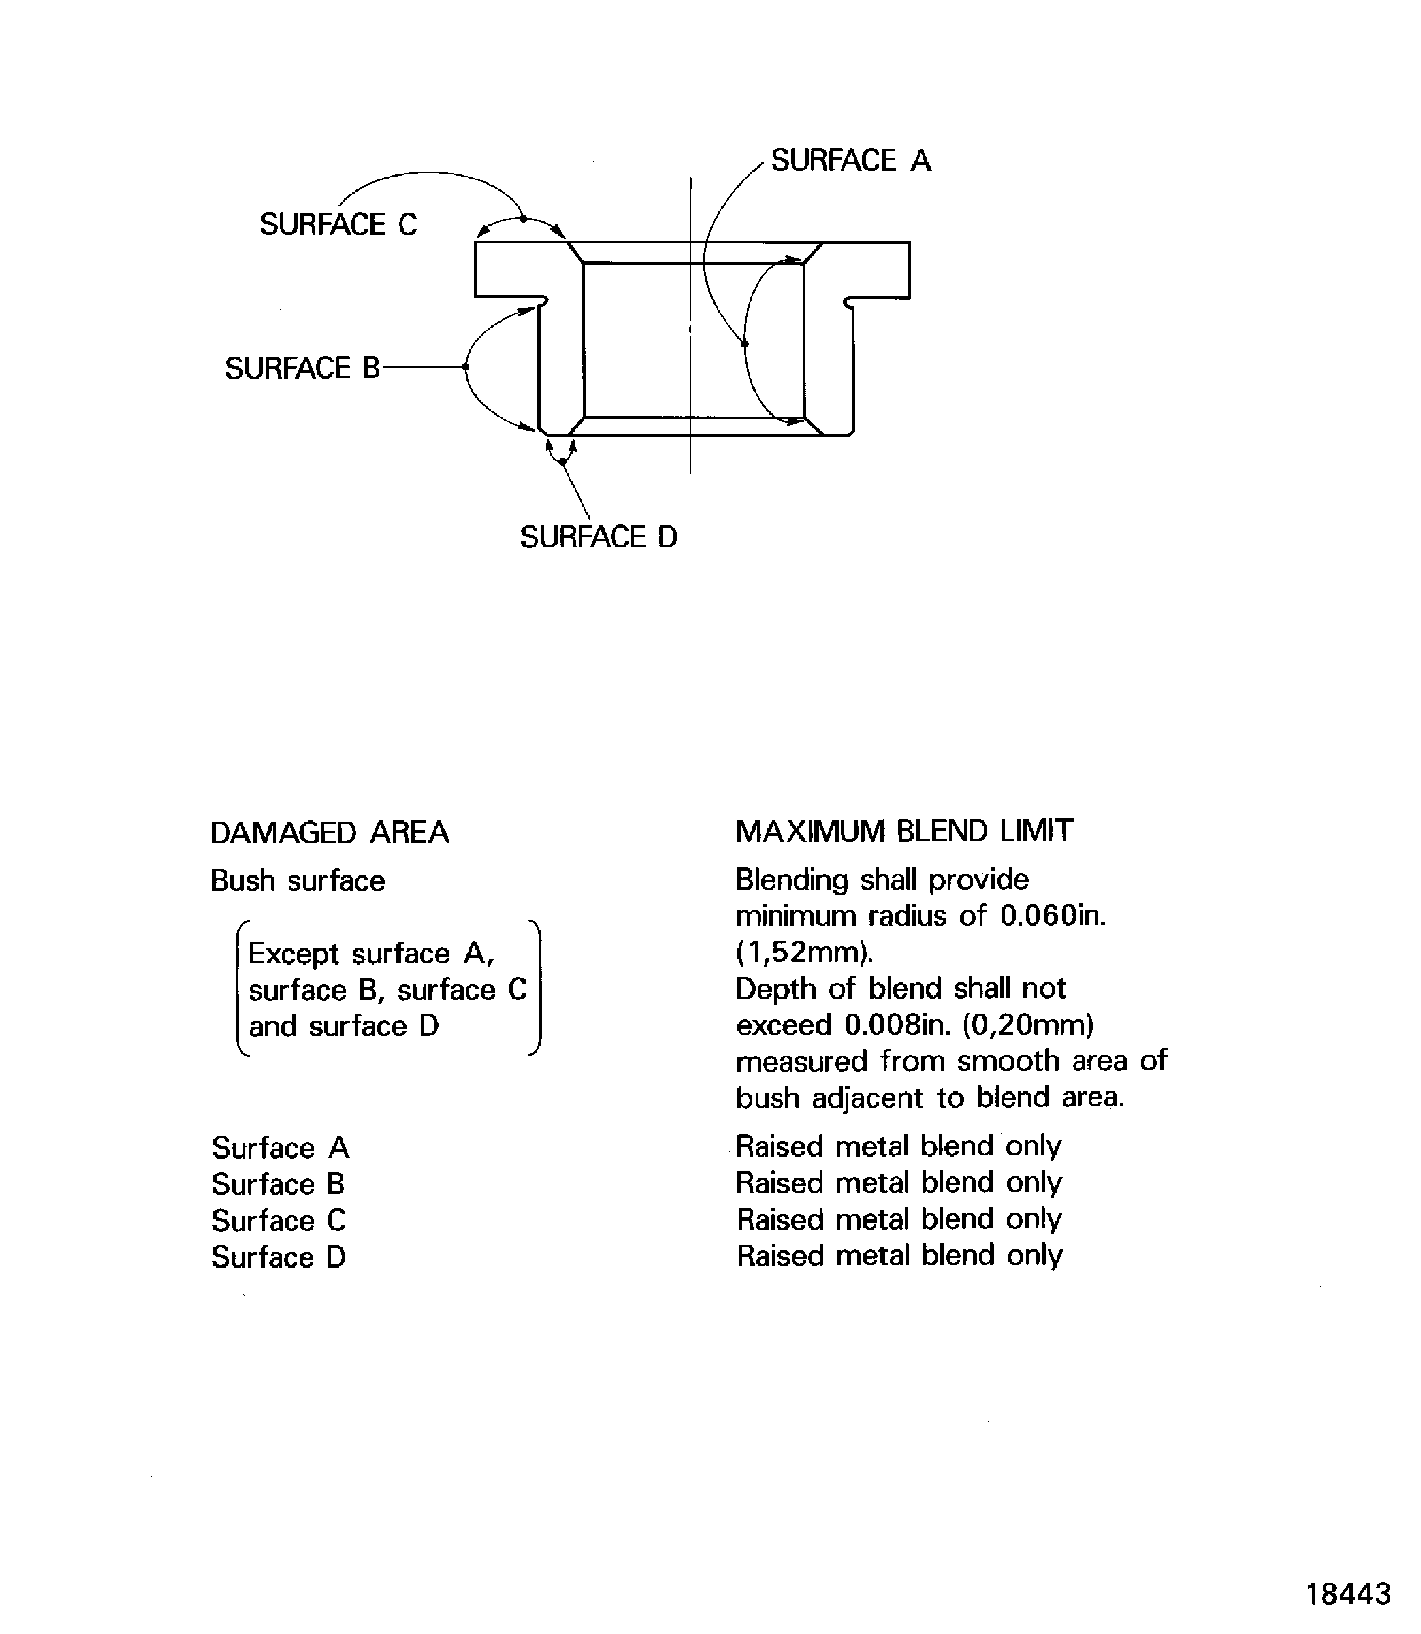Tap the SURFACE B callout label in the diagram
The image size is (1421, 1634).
tap(302, 369)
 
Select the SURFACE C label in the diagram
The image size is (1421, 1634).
tap(338, 225)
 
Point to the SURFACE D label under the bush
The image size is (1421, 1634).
tap(599, 538)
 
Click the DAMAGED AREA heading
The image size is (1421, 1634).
tap(330, 833)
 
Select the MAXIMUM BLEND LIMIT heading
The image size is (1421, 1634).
tap(904, 832)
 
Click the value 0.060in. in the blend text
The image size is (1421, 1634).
tap(1052, 916)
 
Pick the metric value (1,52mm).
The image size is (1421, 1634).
tap(804, 952)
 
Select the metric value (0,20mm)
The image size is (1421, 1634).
tap(1028, 1025)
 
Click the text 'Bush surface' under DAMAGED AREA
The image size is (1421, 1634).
tap(297, 882)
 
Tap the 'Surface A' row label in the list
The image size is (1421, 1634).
tap(280, 1148)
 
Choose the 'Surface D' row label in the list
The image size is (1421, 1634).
tap(279, 1257)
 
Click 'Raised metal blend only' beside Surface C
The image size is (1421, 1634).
tap(899, 1219)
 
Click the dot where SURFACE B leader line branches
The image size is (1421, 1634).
tap(465, 367)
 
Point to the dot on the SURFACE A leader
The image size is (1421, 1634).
tap(744, 344)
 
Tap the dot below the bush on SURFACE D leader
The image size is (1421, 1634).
tap(562, 461)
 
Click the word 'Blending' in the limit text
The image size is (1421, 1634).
tap(791, 880)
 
